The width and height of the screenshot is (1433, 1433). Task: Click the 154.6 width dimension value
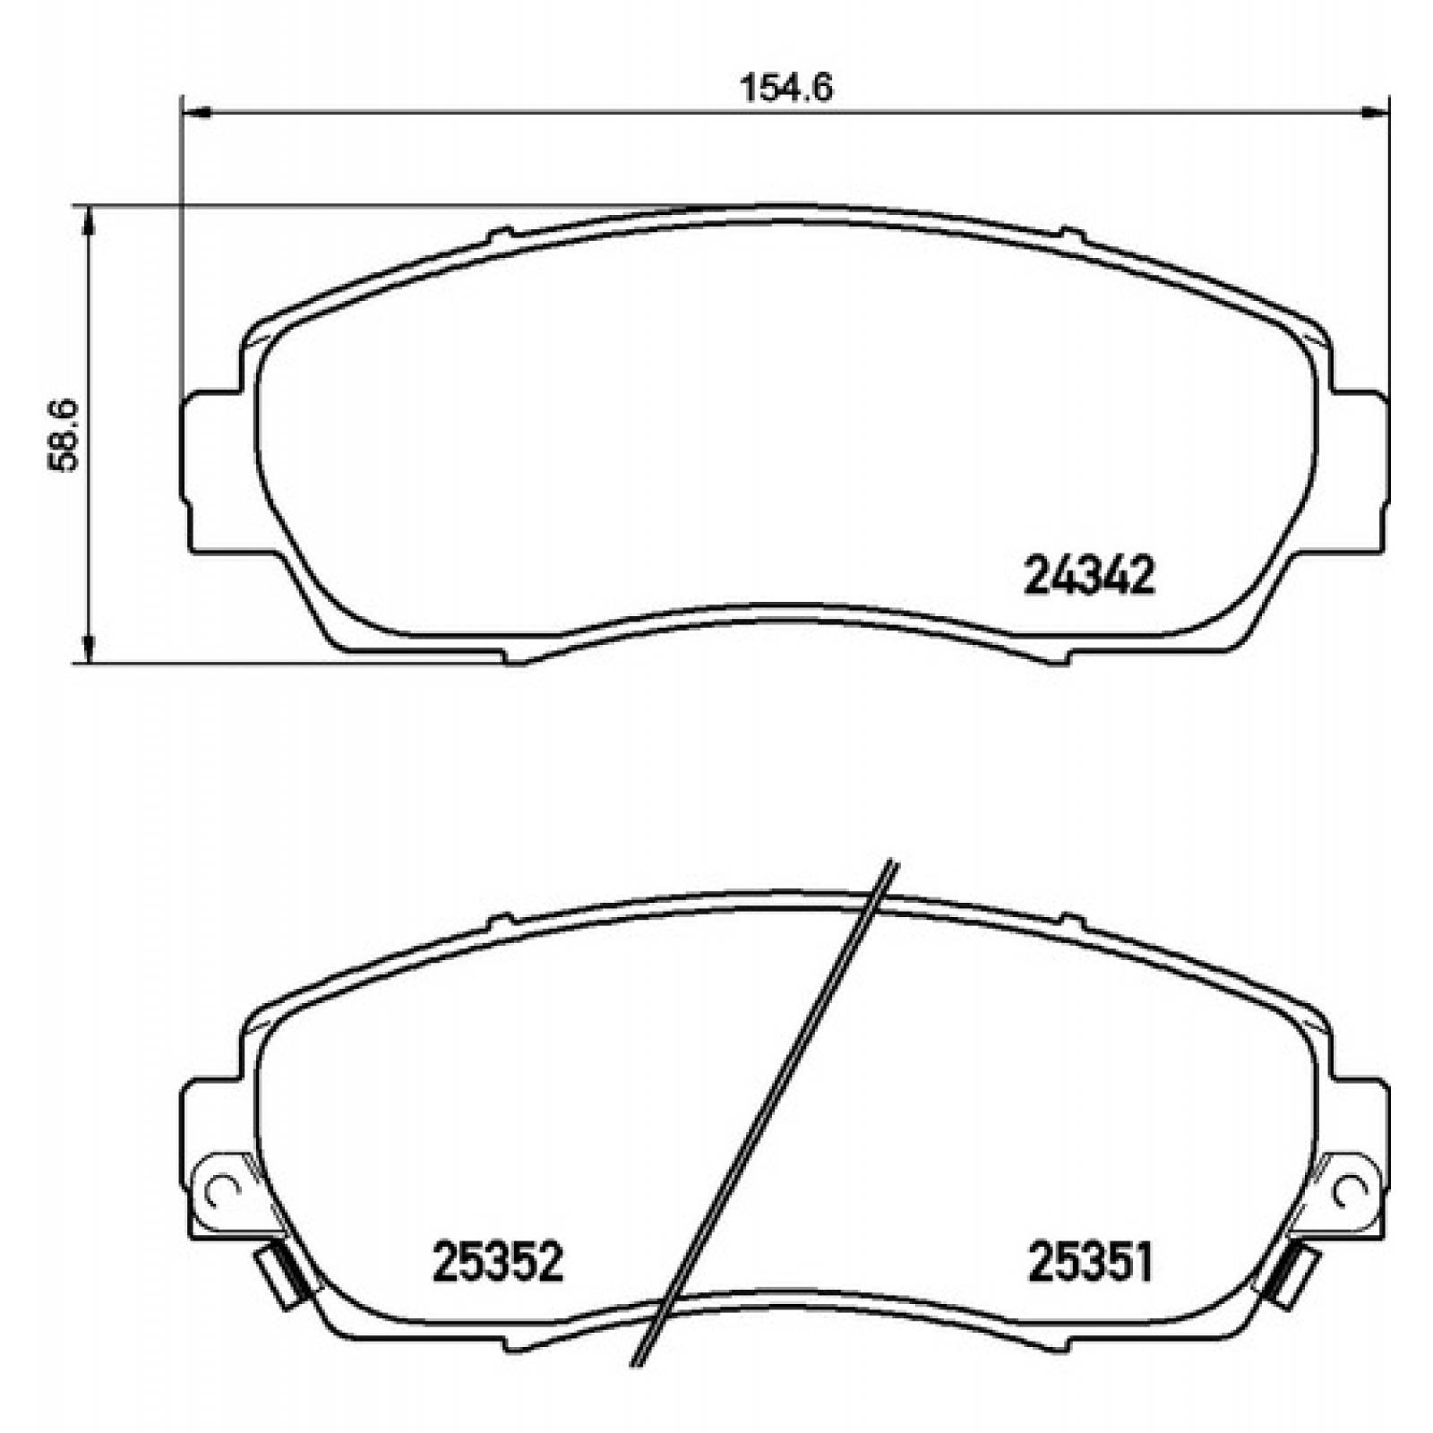coord(787,89)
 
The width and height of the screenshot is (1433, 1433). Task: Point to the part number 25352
coord(498,1261)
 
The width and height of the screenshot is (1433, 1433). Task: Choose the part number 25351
coord(1089,1261)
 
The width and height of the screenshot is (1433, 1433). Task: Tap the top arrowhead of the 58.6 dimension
coord(88,219)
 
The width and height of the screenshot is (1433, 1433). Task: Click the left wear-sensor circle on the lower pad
coord(220,1190)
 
